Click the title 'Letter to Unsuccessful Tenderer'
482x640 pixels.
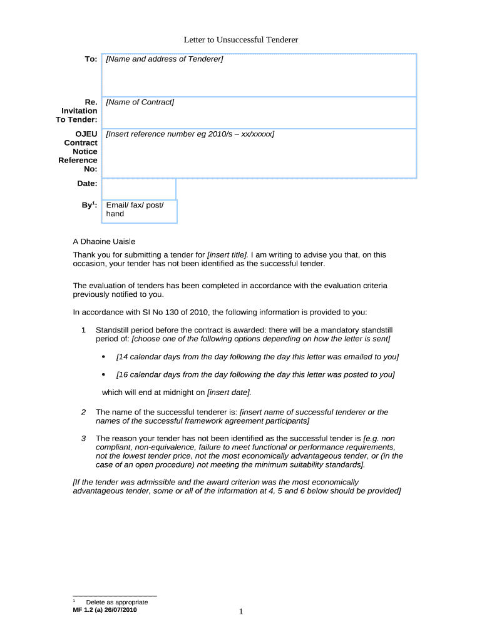tap(241, 40)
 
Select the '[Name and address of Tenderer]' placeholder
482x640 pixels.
tap(165, 59)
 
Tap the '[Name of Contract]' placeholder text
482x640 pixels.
tap(140, 102)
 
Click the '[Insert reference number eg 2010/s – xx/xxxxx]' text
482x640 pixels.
tap(190, 134)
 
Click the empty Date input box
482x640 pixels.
tap(138, 188)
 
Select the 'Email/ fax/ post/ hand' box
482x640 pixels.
tap(139, 210)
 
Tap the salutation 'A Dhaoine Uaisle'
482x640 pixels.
tap(104, 241)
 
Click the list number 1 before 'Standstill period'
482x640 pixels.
tap(83, 329)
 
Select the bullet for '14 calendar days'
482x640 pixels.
tap(103, 357)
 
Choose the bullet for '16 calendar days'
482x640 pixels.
tap(103, 375)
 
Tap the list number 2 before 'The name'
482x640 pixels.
tap(83, 412)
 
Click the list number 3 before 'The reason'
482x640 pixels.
tap(83, 438)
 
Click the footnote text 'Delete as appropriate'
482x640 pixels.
tap(117, 602)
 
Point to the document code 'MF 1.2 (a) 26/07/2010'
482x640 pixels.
tap(105, 610)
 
